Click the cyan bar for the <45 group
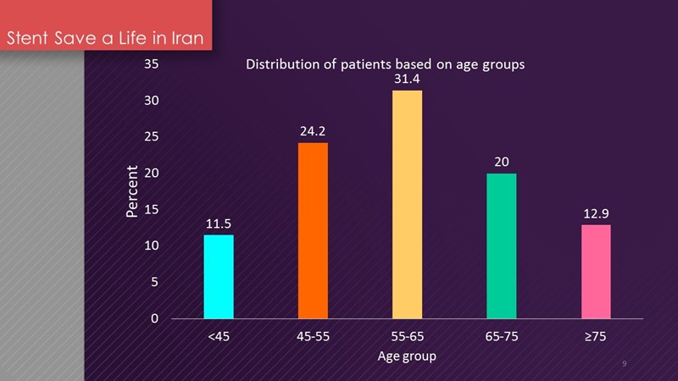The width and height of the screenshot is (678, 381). pos(219,277)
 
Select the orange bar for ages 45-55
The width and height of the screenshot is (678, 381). pos(313,230)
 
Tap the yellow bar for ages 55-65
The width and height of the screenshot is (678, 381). pos(407,204)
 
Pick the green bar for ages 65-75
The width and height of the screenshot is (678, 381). pos(501,246)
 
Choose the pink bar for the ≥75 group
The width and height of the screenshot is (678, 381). pos(596,272)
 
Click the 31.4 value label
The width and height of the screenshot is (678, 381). pos(407,79)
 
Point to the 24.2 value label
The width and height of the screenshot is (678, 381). pos(313,131)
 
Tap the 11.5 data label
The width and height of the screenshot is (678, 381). pos(219,224)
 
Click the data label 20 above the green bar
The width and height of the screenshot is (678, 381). pos(502,162)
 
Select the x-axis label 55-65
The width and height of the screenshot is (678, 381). pos(407,338)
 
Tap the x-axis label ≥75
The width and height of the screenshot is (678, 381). pos(596,338)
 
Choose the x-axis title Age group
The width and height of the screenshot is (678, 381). pos(407,356)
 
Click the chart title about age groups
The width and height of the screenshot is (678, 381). pos(386,63)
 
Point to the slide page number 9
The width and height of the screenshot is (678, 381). pos(624,363)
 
